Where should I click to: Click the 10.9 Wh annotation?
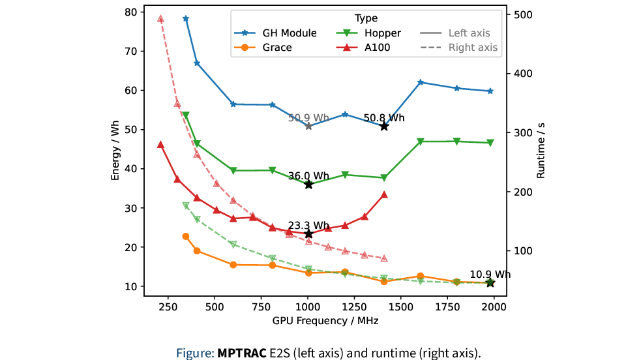pos(490,274)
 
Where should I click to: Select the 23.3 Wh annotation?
pos(308,225)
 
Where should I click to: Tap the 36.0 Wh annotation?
pos(308,175)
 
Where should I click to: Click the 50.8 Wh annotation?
pos(384,118)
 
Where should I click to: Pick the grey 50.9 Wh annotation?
pos(308,118)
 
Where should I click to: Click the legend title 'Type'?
pos(366,18)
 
